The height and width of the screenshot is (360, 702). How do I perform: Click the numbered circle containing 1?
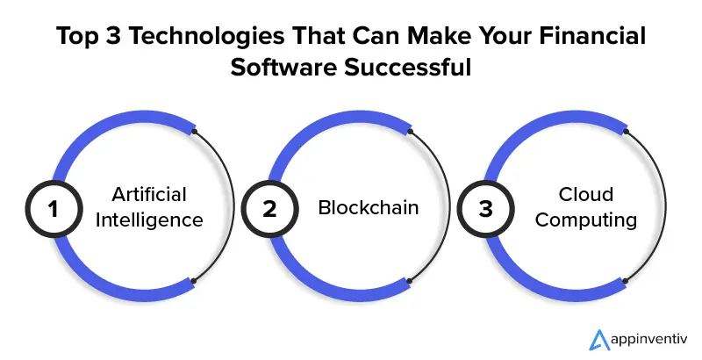point(54,209)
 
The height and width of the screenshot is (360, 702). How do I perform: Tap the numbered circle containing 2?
point(269,209)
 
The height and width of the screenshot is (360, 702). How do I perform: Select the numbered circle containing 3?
point(486,209)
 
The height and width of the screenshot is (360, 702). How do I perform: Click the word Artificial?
point(149,194)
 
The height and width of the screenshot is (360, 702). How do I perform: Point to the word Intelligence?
point(149,220)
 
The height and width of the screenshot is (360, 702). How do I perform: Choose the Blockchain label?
point(369,207)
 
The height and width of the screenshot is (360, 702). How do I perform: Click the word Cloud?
point(585,194)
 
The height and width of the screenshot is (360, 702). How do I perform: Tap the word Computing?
point(585,220)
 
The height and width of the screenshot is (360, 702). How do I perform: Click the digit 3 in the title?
point(114,36)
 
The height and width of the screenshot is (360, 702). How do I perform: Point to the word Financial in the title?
point(592,36)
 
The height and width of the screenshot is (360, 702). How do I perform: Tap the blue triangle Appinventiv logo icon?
point(599,340)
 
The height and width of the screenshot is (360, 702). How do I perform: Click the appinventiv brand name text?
point(648,340)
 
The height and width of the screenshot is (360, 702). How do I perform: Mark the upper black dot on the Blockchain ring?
point(410,132)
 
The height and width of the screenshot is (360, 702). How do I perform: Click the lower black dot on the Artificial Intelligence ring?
point(193,281)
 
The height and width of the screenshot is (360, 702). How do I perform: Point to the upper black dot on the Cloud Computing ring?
point(626,132)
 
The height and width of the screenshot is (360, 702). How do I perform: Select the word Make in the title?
point(435,36)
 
